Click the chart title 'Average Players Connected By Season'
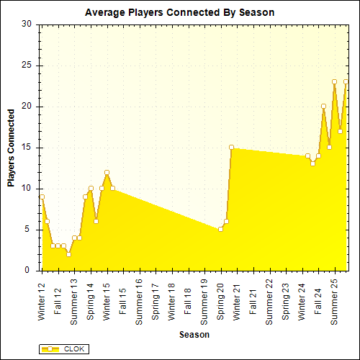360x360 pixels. (179, 13)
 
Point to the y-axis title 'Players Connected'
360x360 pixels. (11, 148)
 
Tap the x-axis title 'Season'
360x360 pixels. (194, 335)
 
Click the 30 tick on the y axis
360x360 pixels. (27, 24)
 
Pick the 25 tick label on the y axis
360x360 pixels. (27, 65)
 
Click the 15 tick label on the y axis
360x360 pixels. (27, 148)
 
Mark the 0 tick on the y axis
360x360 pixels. (29, 271)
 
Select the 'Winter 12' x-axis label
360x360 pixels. (42, 302)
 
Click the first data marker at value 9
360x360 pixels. (42, 197)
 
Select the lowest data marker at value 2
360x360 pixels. (69, 254)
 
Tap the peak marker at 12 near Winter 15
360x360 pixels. (107, 172)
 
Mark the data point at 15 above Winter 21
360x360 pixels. (232, 147)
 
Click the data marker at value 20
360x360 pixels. (323, 107)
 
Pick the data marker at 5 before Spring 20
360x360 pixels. (220, 229)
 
